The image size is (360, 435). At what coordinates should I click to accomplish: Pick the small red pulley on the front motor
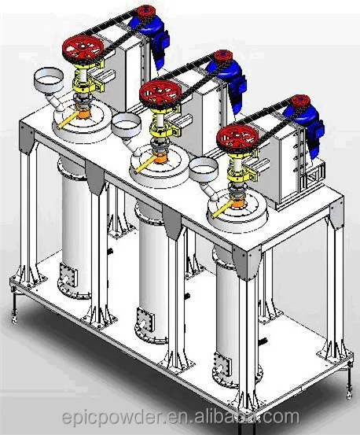tap(296, 102)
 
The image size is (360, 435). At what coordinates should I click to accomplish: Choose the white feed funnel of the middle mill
tap(127, 124)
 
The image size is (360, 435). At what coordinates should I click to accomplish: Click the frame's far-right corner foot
tap(346, 385)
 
